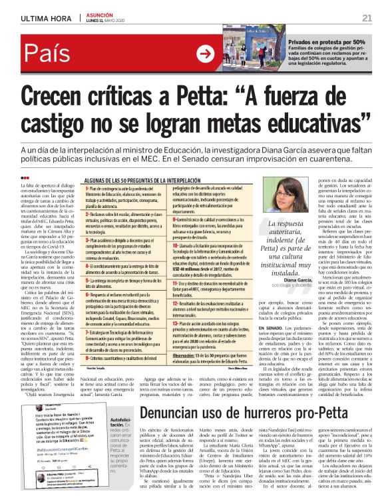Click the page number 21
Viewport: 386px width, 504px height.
point(367,17)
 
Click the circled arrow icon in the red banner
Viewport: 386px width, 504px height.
point(206,55)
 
